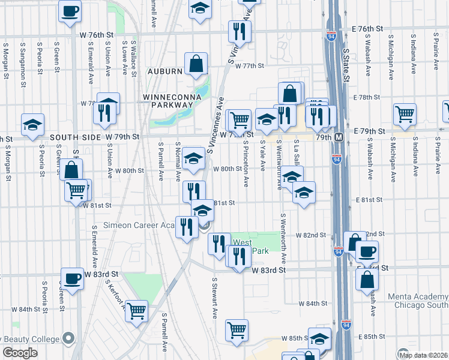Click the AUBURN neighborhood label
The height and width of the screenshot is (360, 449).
click(165, 71)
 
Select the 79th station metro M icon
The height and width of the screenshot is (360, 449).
click(339, 137)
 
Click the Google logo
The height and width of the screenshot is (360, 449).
click(20, 353)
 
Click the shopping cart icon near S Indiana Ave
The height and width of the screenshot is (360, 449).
click(405, 113)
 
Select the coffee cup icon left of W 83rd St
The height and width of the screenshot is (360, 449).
click(72, 278)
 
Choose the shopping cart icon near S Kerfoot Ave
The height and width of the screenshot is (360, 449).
click(137, 310)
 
